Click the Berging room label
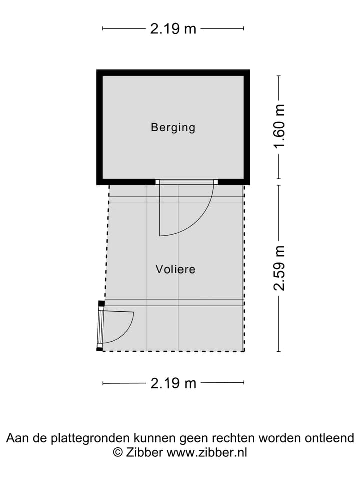tap(173, 127)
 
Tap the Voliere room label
tap(175, 269)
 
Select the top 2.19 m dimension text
tap(173, 29)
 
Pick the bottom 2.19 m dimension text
tap(173, 383)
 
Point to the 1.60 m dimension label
tap(279, 126)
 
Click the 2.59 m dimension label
tap(279, 268)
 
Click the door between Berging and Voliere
tap(186, 208)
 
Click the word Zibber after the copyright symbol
tap(144, 452)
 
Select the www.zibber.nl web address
tap(207, 452)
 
